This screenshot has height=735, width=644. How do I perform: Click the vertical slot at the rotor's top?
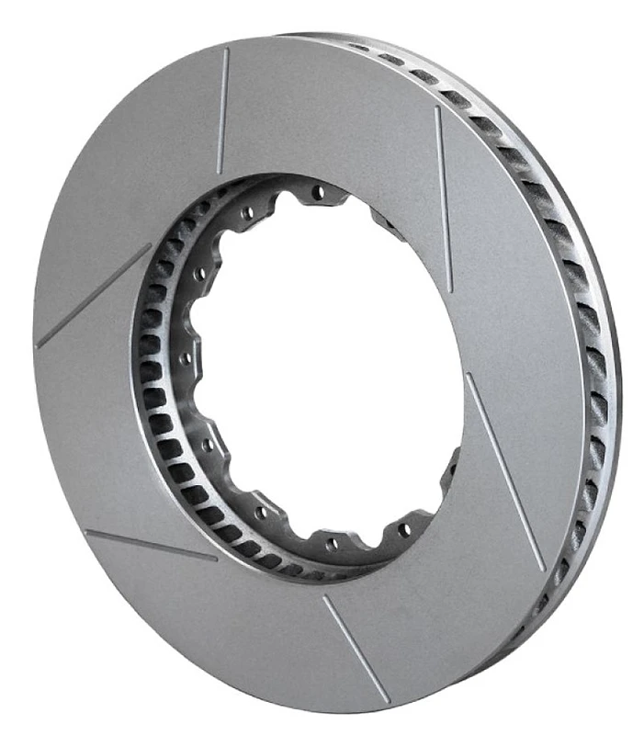[222, 110]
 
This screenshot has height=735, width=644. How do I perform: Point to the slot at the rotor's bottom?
[356, 648]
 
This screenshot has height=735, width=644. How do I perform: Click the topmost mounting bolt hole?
[319, 193]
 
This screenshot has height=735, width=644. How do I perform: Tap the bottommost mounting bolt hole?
[332, 543]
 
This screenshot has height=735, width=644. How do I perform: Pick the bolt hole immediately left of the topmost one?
[246, 215]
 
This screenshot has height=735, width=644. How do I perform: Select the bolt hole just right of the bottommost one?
[402, 530]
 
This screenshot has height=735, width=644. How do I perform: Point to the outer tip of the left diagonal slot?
[38, 345]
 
